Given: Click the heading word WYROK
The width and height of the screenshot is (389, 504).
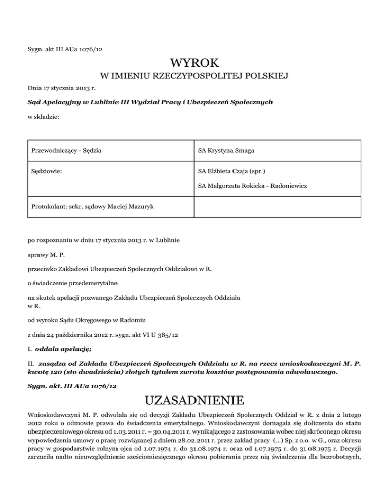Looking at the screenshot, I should click(194, 64).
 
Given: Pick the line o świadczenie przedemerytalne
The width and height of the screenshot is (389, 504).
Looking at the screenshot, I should click(72, 278).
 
